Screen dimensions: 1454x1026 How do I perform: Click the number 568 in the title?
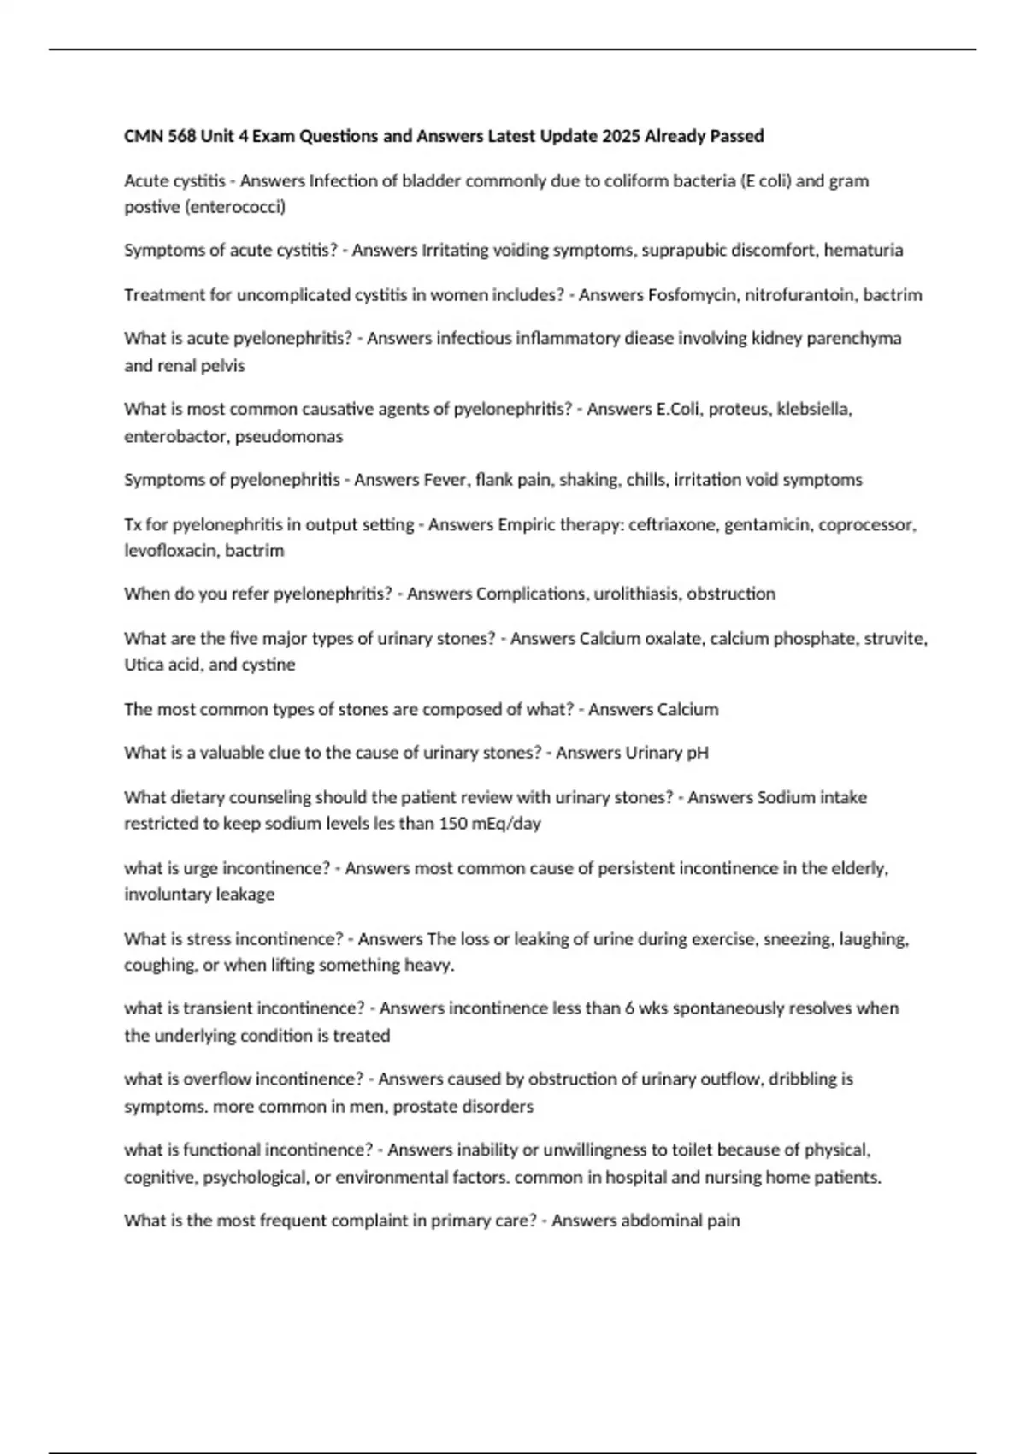[181, 136]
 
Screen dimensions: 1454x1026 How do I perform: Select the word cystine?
[268, 665]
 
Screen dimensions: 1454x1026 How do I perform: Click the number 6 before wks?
[630, 1008]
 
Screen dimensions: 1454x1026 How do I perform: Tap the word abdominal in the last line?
[609, 1221]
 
